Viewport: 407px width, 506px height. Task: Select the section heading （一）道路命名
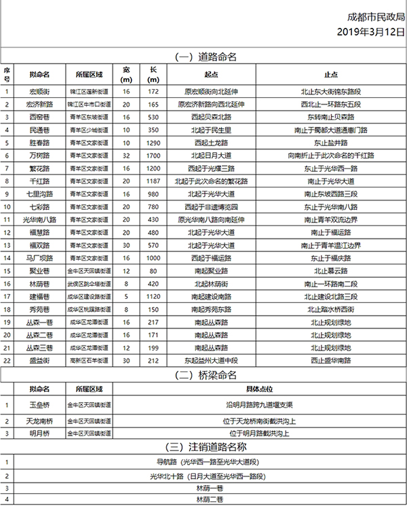(x=203, y=57)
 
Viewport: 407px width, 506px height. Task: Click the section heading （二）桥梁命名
(x=203, y=375)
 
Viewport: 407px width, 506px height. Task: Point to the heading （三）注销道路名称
(x=203, y=446)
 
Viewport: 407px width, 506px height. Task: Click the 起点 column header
(x=212, y=74)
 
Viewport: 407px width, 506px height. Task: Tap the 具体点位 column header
(x=260, y=389)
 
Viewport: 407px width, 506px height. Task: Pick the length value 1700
(x=153, y=156)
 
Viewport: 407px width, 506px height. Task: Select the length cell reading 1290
(x=153, y=143)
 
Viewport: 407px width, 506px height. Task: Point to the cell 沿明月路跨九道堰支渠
(x=260, y=405)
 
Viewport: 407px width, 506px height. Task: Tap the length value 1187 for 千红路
(x=153, y=181)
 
